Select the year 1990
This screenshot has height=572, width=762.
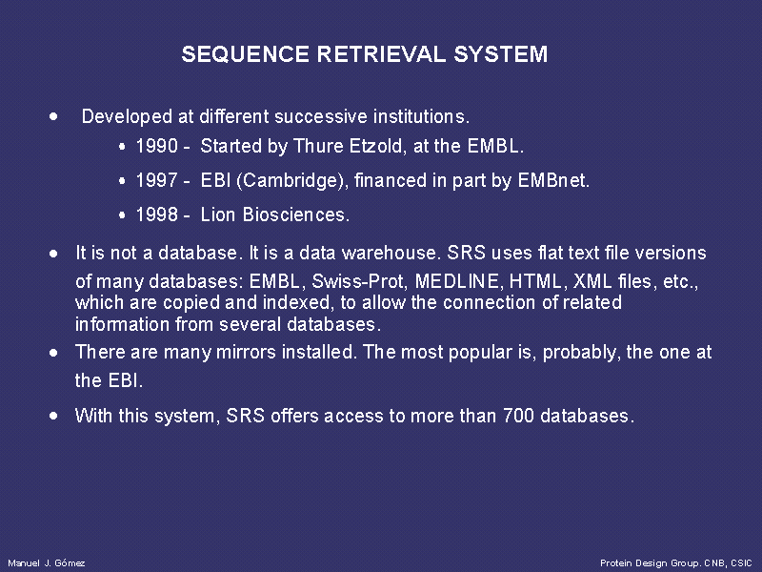click(x=156, y=146)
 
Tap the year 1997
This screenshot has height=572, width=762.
click(x=156, y=180)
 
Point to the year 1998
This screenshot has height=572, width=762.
click(x=156, y=214)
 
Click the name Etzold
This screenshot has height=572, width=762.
click(x=378, y=146)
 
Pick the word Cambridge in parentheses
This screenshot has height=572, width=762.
click(x=291, y=181)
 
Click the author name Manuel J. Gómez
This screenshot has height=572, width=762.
click(x=47, y=563)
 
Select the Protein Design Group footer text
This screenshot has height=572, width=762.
click(x=676, y=563)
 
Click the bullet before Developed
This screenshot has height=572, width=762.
click(x=53, y=116)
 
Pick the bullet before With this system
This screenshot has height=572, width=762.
click(x=53, y=416)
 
